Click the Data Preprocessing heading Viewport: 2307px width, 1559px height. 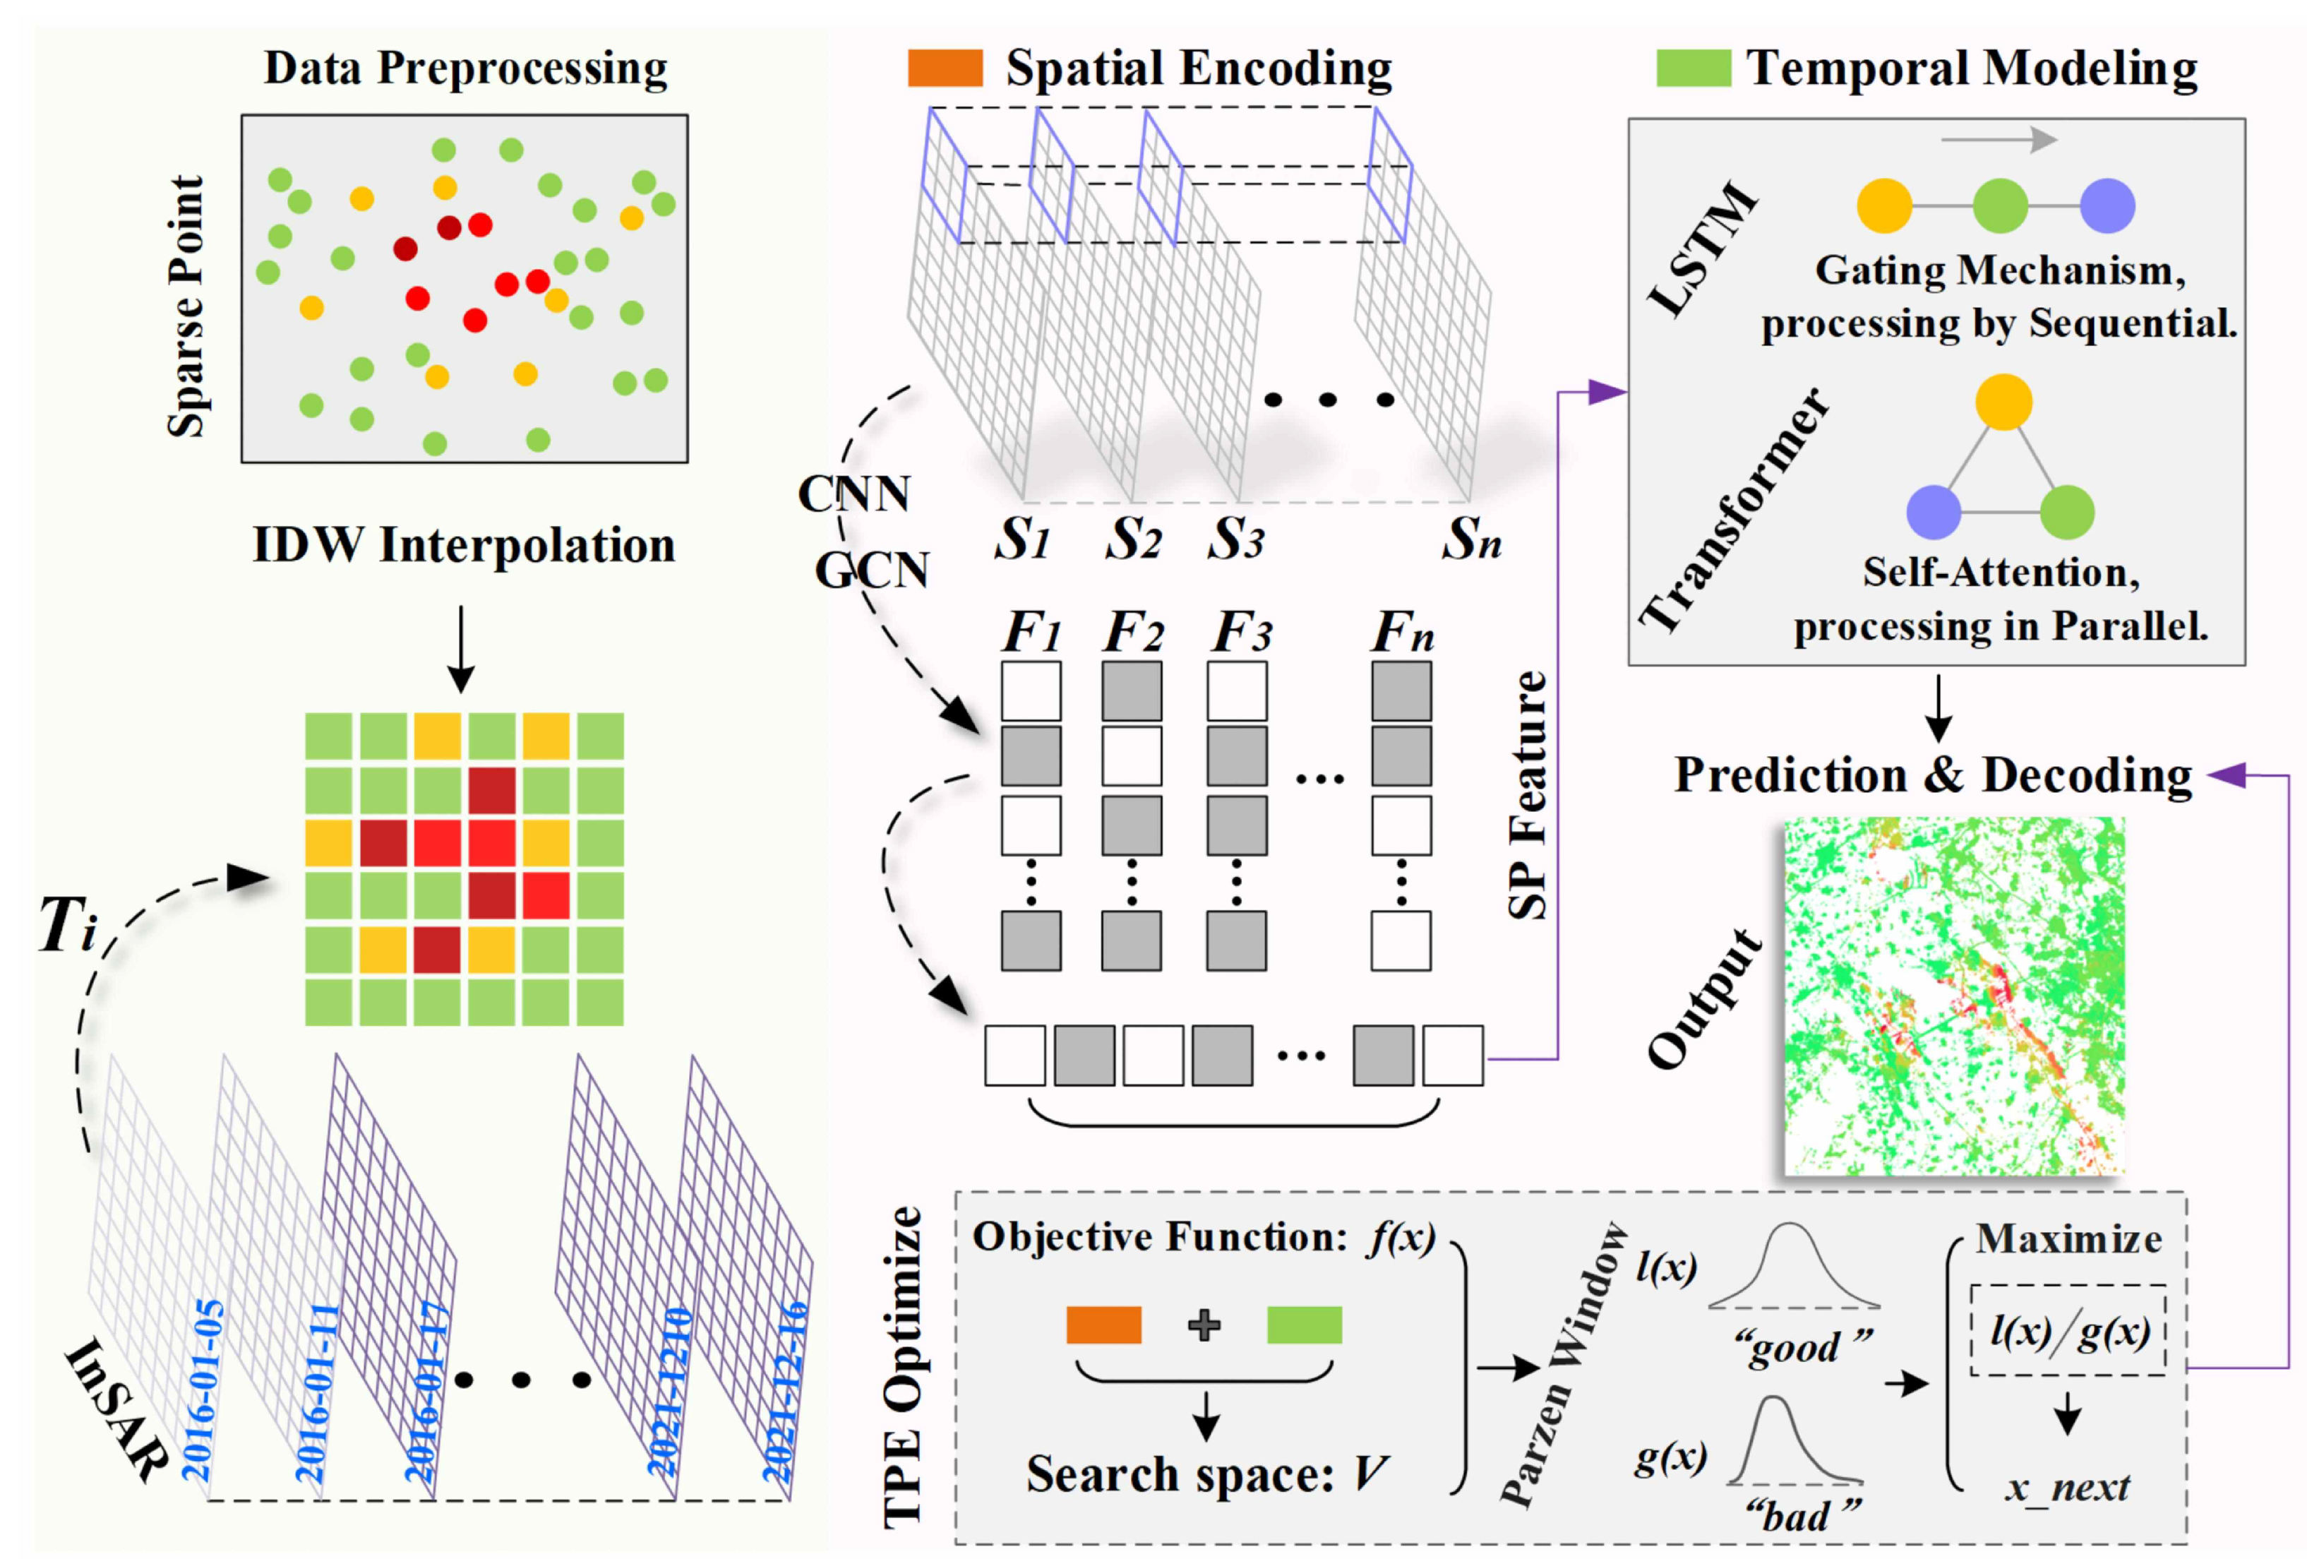tap(465, 68)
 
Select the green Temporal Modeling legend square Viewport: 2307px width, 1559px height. tap(1693, 68)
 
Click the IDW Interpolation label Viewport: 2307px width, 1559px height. tap(464, 545)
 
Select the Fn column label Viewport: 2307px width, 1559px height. tap(1402, 631)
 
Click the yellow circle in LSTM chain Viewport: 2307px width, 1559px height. tap(1883, 205)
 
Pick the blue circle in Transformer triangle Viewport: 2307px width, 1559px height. tap(1933, 511)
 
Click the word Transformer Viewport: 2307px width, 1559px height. tap(1732, 509)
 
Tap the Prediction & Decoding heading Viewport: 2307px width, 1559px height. tap(1933, 775)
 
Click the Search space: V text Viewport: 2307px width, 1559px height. tap(1206, 1474)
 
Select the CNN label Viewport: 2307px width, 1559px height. tap(853, 494)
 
